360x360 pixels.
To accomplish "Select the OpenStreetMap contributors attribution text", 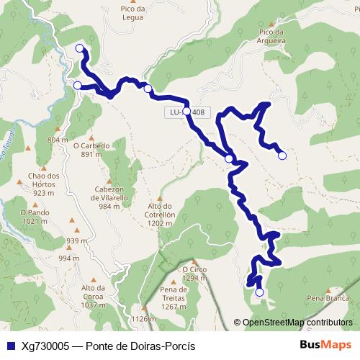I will click(x=297, y=323).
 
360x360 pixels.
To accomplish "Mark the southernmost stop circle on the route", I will click(x=259, y=292).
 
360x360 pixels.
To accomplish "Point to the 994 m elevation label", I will click(x=68, y=258).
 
